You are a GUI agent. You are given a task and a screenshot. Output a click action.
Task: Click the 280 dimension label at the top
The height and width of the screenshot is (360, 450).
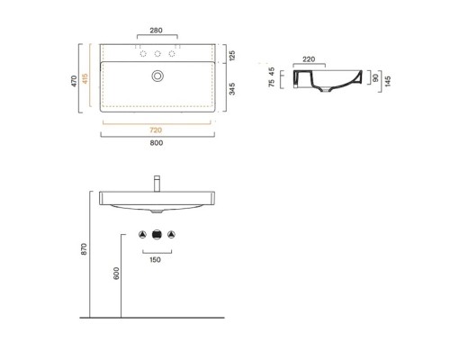point(156,31)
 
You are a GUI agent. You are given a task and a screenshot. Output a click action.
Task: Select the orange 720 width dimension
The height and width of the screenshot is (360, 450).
point(156,130)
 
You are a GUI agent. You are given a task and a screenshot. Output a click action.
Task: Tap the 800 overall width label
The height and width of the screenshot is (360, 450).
point(157,143)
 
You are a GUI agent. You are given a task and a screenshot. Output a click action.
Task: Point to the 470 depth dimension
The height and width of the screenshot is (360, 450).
point(74,81)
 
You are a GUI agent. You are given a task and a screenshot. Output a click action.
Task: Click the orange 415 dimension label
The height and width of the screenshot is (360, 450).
point(85,78)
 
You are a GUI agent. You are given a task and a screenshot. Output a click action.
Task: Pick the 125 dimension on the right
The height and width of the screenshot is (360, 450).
point(232,56)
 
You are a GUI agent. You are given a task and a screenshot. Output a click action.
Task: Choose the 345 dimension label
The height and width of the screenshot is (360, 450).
point(232,89)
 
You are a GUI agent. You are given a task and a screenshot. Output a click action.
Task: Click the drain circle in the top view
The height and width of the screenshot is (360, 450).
point(157,76)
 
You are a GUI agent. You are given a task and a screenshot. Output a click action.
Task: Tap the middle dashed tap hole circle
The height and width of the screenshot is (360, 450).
point(157,54)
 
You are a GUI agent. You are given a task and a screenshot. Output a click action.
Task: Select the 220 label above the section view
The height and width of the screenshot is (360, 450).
point(309,59)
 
